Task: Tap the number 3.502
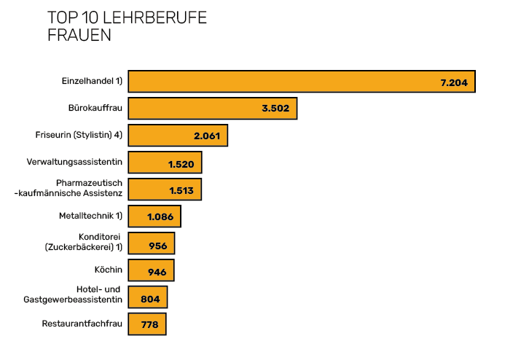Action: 275,109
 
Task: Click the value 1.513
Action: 181,190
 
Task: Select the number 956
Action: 158,246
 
